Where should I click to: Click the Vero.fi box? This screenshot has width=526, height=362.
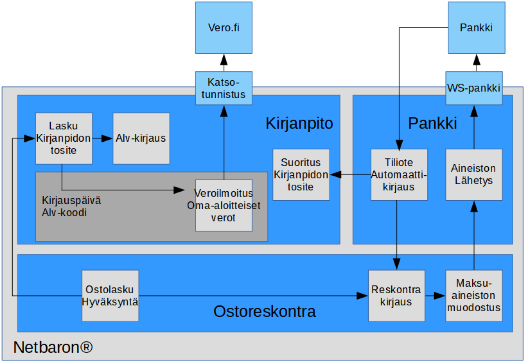[223, 28]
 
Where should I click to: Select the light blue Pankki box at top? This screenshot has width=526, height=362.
[476, 28]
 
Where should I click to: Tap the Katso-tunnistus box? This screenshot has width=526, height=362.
[223, 88]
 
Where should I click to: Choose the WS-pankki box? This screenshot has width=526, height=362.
[474, 88]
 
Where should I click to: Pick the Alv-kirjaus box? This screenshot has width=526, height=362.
[141, 138]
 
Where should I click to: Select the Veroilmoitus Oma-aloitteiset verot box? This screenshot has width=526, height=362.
[223, 206]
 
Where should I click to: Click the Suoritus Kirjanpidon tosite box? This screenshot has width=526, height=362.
[301, 174]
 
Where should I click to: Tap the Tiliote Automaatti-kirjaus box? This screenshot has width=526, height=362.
[399, 174]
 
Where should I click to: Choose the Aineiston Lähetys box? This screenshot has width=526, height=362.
[474, 174]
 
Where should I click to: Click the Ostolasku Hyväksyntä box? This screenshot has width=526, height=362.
[110, 296]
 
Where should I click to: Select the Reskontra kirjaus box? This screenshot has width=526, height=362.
[396, 296]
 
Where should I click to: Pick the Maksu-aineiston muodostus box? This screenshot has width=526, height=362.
[474, 296]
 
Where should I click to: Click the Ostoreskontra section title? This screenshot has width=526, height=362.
[264, 312]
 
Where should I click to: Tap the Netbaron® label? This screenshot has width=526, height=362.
[53, 347]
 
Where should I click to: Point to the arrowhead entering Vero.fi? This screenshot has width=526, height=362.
[223, 60]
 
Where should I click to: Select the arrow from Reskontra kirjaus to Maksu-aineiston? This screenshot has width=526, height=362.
[435, 296]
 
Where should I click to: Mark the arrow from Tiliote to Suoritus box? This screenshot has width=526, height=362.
[350, 175]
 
